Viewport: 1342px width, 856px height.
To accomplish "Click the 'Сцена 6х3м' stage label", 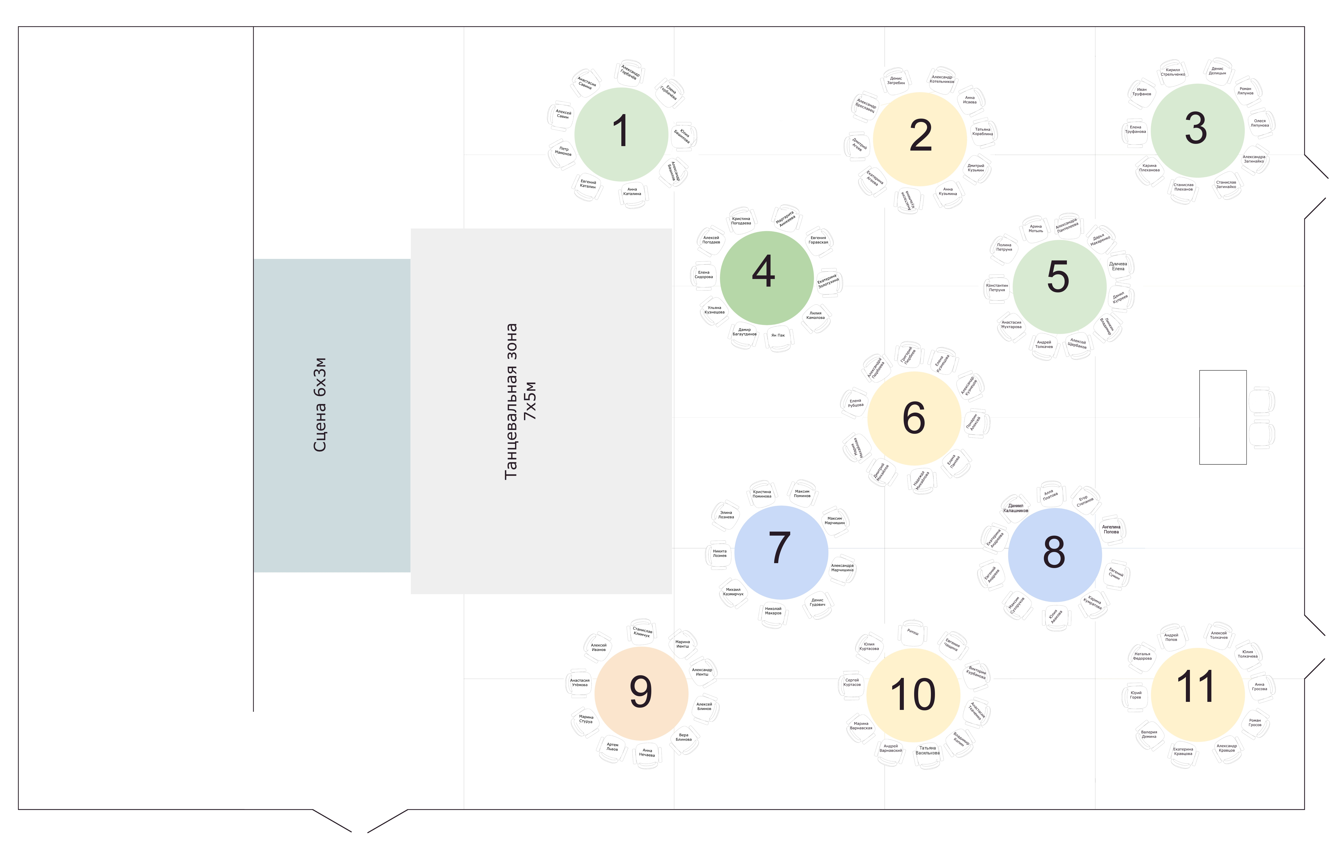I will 320,405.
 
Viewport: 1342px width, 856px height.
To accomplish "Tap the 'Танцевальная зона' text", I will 511,401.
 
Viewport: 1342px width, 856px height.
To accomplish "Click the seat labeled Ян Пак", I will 778,336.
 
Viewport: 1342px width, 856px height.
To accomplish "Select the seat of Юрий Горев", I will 1136,696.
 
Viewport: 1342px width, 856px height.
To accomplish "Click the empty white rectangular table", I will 1223,417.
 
